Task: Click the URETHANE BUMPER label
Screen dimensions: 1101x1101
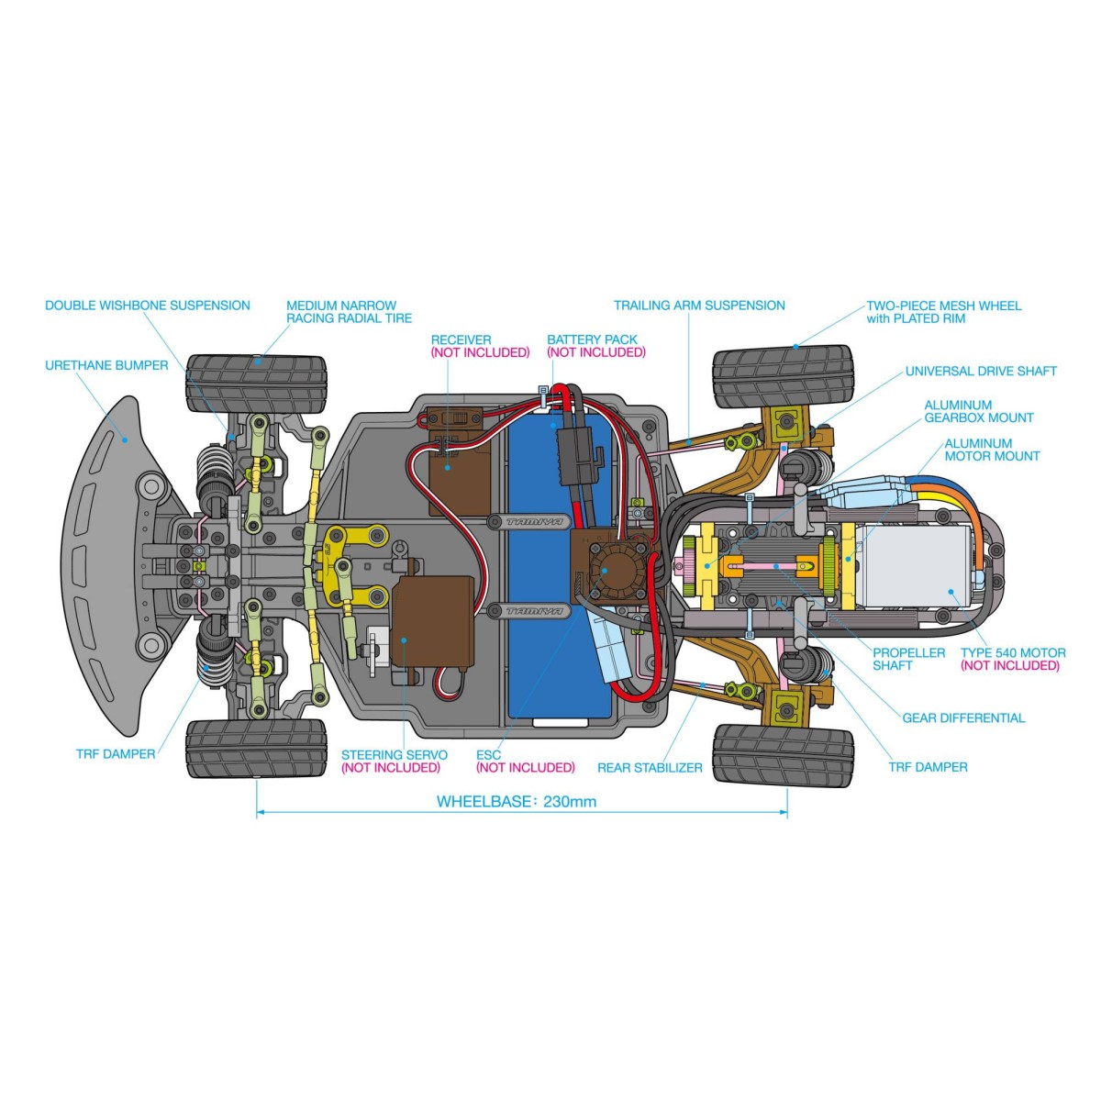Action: pyautogui.click(x=106, y=365)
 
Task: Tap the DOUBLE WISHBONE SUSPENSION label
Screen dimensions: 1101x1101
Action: pyautogui.click(x=147, y=306)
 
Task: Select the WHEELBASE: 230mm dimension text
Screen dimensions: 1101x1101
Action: pyautogui.click(x=516, y=801)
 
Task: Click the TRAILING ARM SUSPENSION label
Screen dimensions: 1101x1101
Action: pyautogui.click(x=699, y=306)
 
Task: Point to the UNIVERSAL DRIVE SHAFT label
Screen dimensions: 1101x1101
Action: pyautogui.click(x=980, y=372)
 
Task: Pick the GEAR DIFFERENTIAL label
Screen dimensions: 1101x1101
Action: pyautogui.click(x=963, y=717)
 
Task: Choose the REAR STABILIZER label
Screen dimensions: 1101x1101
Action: pyautogui.click(x=650, y=767)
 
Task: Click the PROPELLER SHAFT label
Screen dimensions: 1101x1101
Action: pyautogui.click(x=908, y=659)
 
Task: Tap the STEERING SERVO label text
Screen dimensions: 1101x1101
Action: pyautogui.click(x=395, y=755)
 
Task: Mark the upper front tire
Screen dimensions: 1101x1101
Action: pyautogui.click(x=256, y=384)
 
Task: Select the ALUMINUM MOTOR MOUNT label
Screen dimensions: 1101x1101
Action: pyautogui.click(x=991, y=450)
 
